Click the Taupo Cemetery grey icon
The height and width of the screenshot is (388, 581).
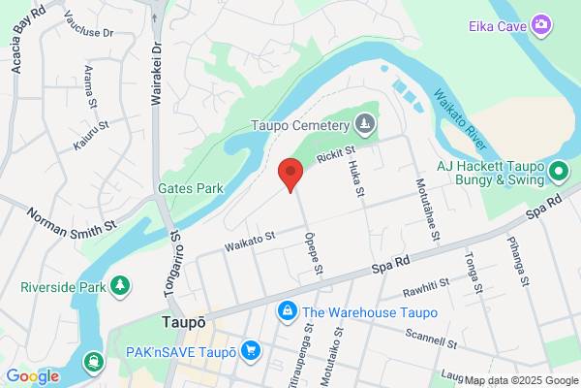click(x=364, y=123)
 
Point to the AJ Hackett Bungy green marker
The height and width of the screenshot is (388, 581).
click(x=558, y=174)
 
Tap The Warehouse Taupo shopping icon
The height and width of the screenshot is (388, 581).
click(x=287, y=311)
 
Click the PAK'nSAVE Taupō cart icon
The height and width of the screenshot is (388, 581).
click(x=252, y=349)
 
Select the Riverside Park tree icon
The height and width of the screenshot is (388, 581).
click(x=120, y=286)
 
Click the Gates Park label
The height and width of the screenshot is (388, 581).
click(x=192, y=188)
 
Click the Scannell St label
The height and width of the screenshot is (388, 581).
click(x=433, y=341)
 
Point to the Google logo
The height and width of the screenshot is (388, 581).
click(x=33, y=376)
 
